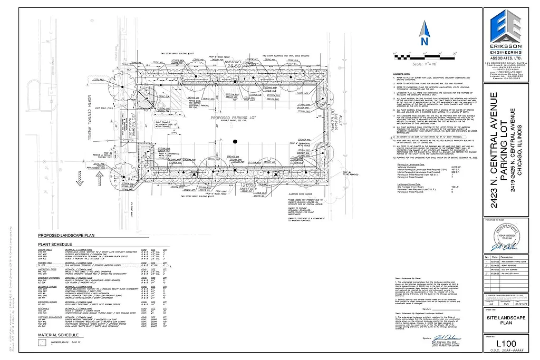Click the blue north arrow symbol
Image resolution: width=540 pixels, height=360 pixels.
[x=425, y=36]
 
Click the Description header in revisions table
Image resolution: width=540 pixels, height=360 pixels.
[x=506, y=257]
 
